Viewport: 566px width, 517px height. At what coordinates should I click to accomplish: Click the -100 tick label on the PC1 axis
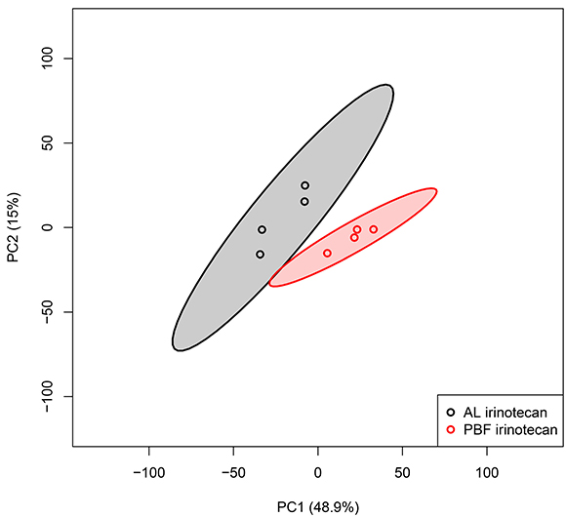click(x=148, y=473)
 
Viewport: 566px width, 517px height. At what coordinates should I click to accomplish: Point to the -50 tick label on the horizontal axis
click(x=233, y=473)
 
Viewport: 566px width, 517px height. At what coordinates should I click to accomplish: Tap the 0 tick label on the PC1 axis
click(x=318, y=473)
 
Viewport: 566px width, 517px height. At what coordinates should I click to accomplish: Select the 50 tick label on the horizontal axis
click(x=402, y=473)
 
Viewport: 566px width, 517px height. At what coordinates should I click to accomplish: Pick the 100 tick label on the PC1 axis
click(x=487, y=473)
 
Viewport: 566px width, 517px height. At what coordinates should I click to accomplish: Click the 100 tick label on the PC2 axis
click(x=48, y=59)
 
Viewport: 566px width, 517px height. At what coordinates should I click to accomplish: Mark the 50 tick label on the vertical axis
click(x=48, y=142)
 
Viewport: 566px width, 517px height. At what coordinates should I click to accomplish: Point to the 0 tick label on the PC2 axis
click(x=48, y=227)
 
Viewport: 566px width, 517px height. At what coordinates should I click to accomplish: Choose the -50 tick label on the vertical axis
click(x=48, y=312)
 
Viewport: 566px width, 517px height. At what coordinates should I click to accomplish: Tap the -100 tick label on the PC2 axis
click(x=48, y=396)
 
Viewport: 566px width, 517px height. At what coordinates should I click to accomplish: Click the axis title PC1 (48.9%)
click(x=318, y=507)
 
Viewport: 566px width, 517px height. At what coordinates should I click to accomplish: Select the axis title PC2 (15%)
click(x=14, y=227)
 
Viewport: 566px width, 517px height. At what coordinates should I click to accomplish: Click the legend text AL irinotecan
click(x=505, y=412)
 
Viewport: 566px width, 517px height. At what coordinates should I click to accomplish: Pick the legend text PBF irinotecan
click(x=510, y=429)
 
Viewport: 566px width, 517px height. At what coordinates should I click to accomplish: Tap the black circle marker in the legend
click(x=451, y=412)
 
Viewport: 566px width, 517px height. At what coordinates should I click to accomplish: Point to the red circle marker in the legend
click(x=451, y=429)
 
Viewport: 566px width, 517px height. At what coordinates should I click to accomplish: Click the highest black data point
click(x=305, y=185)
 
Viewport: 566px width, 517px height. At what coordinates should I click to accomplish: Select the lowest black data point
click(x=260, y=255)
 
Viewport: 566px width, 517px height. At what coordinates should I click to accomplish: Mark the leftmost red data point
click(x=327, y=254)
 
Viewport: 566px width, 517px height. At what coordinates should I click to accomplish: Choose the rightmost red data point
click(x=374, y=229)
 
